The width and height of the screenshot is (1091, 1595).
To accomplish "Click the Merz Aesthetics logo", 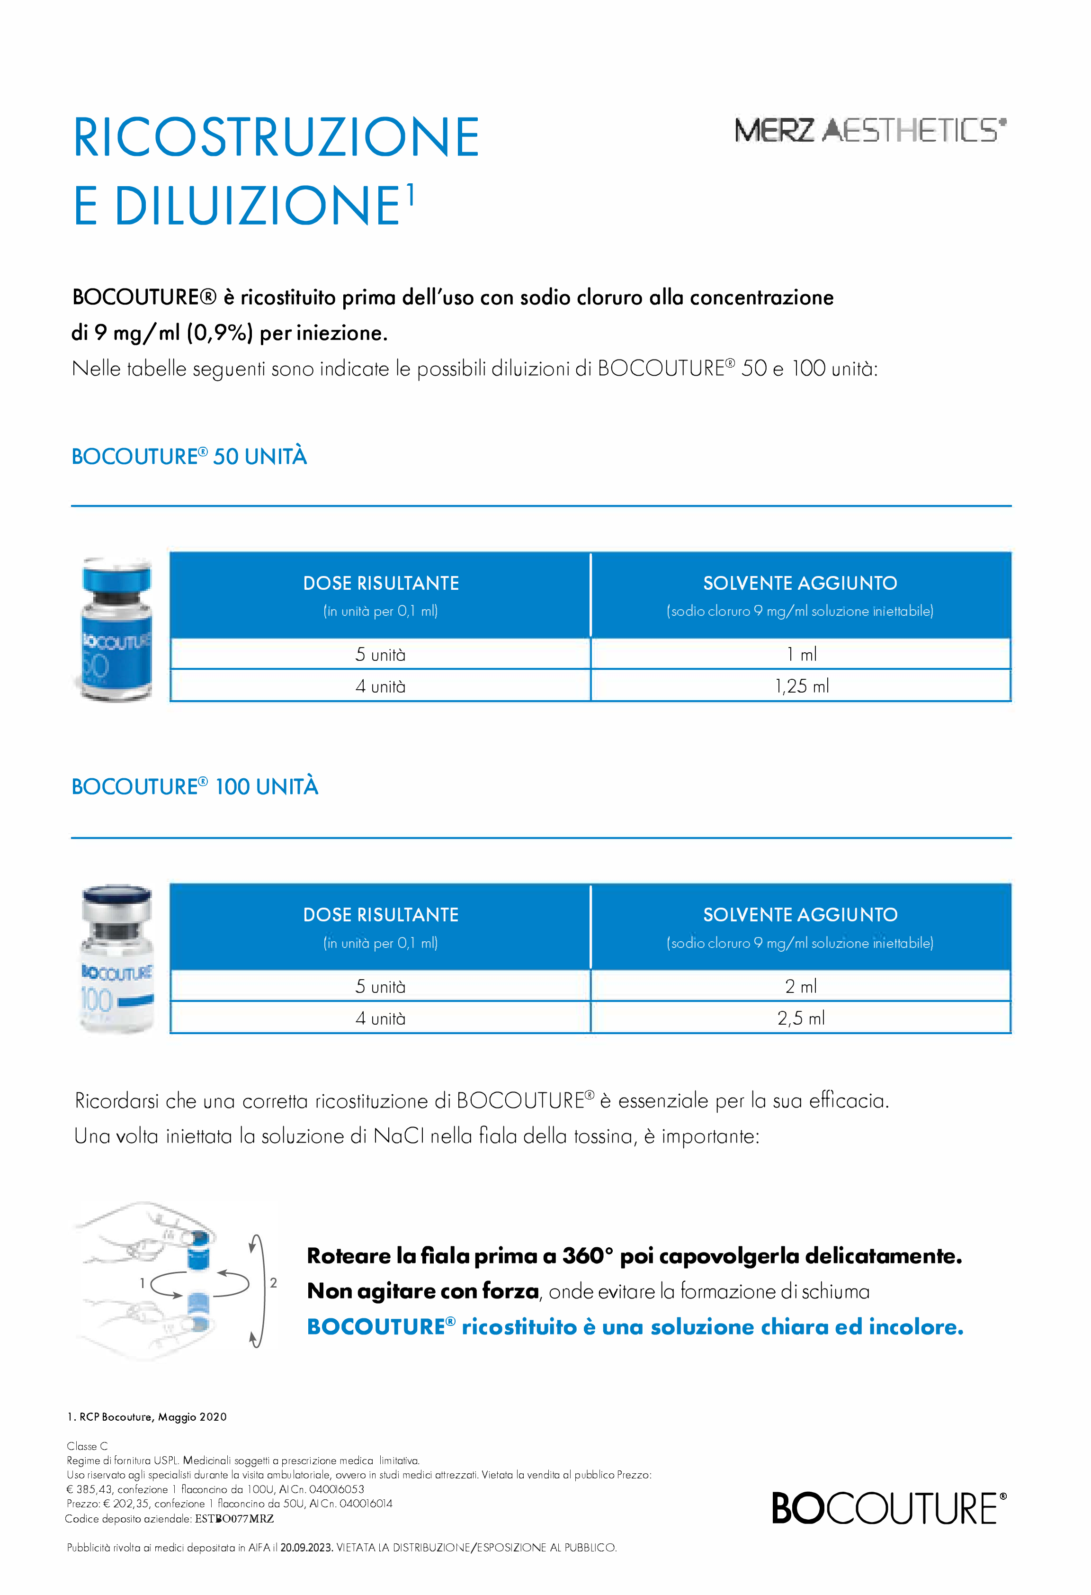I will pyautogui.click(x=869, y=130).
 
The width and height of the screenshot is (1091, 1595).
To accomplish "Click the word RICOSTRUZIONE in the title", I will pyautogui.click(x=276, y=137).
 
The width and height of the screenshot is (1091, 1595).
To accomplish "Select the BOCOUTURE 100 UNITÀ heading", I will pyautogui.click(x=195, y=786).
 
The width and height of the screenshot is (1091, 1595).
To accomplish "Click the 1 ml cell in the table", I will pyautogui.click(x=801, y=654).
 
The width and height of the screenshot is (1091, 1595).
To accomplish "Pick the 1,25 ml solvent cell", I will pyautogui.click(x=801, y=685).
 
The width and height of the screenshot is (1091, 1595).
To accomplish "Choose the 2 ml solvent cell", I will pyautogui.click(x=801, y=986).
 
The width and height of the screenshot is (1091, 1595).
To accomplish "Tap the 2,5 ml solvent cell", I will pyautogui.click(x=801, y=1018).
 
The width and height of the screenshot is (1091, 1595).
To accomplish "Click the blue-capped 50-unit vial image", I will pyautogui.click(x=115, y=630).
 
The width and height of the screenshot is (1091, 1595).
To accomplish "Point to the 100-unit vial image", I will pyautogui.click(x=116, y=959).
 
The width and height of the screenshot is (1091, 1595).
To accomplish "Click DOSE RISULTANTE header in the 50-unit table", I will pyautogui.click(x=381, y=583).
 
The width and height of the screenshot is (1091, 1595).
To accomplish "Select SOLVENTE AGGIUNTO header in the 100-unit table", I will pyautogui.click(x=800, y=915).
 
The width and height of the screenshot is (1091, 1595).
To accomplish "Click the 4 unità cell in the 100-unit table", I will pyautogui.click(x=380, y=1018).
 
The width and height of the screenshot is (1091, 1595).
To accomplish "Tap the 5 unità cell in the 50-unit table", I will pyautogui.click(x=380, y=655).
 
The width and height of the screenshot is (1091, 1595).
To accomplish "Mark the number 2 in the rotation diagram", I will pyautogui.click(x=273, y=1283).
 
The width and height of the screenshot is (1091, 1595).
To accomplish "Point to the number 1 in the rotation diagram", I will pyautogui.click(x=142, y=1283).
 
